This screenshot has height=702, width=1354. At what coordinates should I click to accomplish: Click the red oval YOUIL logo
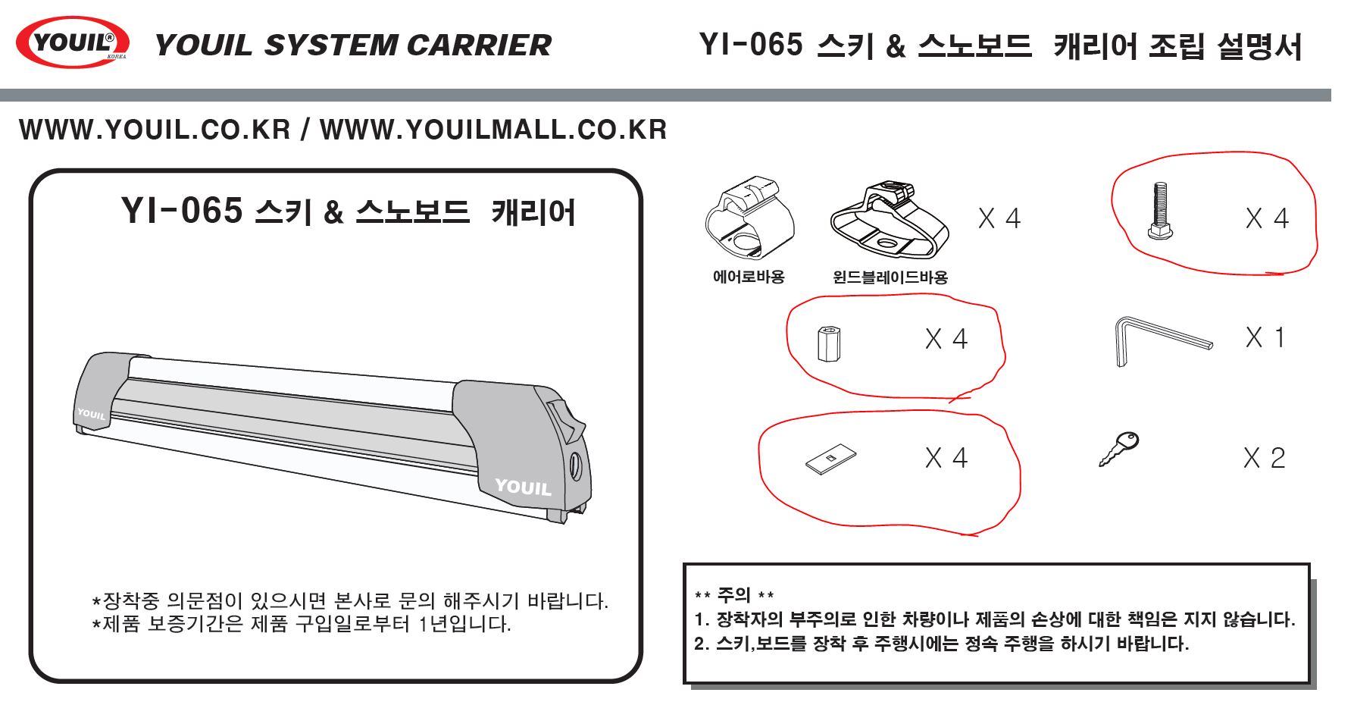tap(72, 42)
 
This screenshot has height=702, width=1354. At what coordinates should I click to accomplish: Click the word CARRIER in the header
tap(478, 45)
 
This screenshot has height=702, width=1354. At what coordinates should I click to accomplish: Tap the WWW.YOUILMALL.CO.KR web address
tap(493, 130)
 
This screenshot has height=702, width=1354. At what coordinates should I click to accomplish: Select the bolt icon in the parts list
tap(1159, 212)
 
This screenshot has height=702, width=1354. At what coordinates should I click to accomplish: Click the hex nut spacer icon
tap(830, 343)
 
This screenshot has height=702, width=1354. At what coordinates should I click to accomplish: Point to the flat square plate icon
tap(830, 458)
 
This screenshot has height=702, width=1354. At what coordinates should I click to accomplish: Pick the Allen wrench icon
tap(1162, 340)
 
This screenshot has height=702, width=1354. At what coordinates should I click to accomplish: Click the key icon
tap(1119, 449)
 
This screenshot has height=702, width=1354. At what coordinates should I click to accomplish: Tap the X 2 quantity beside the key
tap(1264, 458)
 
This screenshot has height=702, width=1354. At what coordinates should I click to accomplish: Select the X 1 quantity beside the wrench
tap(1265, 337)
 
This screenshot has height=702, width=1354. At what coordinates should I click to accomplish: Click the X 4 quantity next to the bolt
tap(1267, 218)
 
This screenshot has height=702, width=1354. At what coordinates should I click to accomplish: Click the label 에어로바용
tap(749, 277)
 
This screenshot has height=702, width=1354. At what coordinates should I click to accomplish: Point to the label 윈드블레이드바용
tap(890, 277)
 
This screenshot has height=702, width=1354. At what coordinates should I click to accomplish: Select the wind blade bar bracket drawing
tap(889, 220)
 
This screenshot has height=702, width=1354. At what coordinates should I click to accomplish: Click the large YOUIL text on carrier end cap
tap(523, 487)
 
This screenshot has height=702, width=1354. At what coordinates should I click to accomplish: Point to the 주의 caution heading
tap(733, 595)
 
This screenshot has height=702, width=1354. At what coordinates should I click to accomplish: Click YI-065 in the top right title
tap(750, 45)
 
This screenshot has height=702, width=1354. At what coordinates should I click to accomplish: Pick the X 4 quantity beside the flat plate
tap(946, 458)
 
